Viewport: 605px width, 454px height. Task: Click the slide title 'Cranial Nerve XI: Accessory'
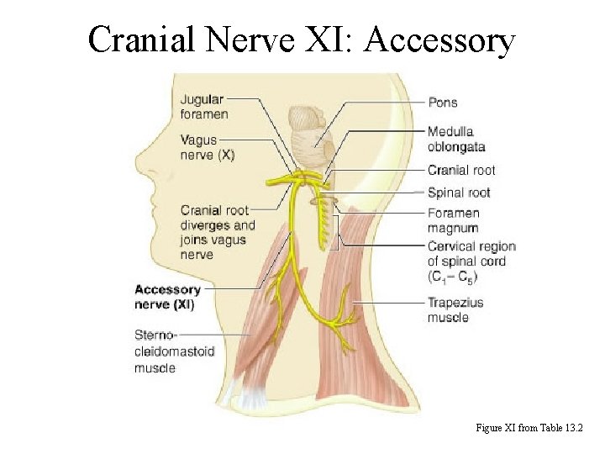tap(302, 39)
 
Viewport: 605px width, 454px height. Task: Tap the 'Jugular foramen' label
tap(203, 106)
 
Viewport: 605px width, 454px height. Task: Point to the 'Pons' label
tap(443, 103)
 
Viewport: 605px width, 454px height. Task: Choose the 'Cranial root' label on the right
tap(461, 171)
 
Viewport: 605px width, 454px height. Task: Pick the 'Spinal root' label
tap(459, 193)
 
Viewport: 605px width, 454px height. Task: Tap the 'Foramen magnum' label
tap(453, 220)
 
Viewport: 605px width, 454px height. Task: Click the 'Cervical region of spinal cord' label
tap(471, 261)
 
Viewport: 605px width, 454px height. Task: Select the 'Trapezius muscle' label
tap(455, 309)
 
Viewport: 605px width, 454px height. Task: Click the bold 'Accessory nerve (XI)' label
tap(167, 297)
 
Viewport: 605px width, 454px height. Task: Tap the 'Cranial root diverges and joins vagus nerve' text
tap(217, 232)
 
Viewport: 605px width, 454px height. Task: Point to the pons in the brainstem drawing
tap(304, 123)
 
